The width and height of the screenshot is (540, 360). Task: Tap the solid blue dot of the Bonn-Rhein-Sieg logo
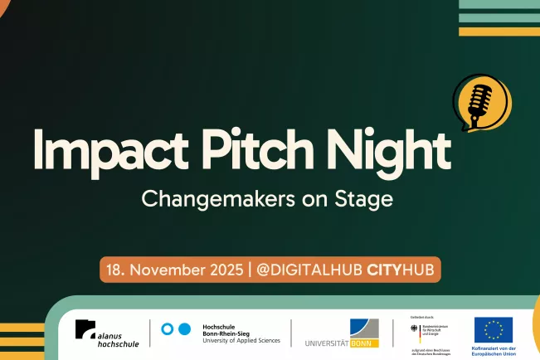[184, 329]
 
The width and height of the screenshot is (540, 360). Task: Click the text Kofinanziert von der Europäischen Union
[495, 349]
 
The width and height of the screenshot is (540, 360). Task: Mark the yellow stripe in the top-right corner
[499, 32]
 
